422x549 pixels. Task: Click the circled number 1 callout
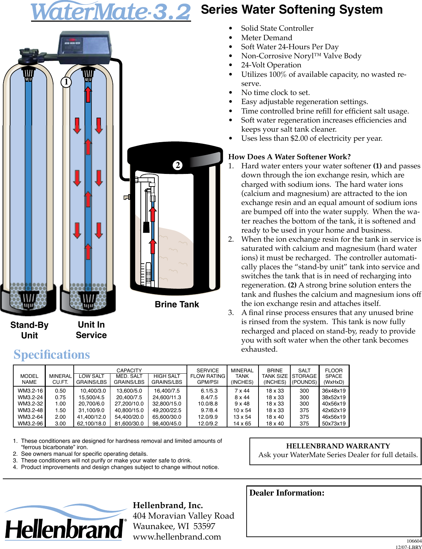[x=66, y=82]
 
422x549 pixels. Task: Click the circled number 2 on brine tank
[x=178, y=165]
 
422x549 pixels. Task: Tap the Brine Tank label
[x=177, y=305]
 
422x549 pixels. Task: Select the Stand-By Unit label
[x=29, y=330]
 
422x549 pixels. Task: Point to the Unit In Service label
[x=91, y=330]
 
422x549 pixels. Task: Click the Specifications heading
[x=52, y=354]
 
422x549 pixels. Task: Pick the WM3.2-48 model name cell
[x=30, y=410]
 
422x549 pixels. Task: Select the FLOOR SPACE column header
[x=334, y=376]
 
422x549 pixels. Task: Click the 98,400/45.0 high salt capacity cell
[x=167, y=424]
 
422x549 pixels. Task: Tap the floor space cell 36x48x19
[x=334, y=391]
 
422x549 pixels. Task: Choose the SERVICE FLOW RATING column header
[x=208, y=376]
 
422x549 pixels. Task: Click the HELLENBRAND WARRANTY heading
[x=338, y=446]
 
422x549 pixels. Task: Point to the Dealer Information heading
[x=287, y=493]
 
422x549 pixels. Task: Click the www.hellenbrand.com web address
[x=177, y=537]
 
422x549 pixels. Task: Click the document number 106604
[x=414, y=541]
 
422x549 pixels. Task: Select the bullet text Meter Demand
[x=267, y=38]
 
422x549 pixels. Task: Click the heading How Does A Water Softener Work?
[x=289, y=157]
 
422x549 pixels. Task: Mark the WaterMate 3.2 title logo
[x=111, y=12]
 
